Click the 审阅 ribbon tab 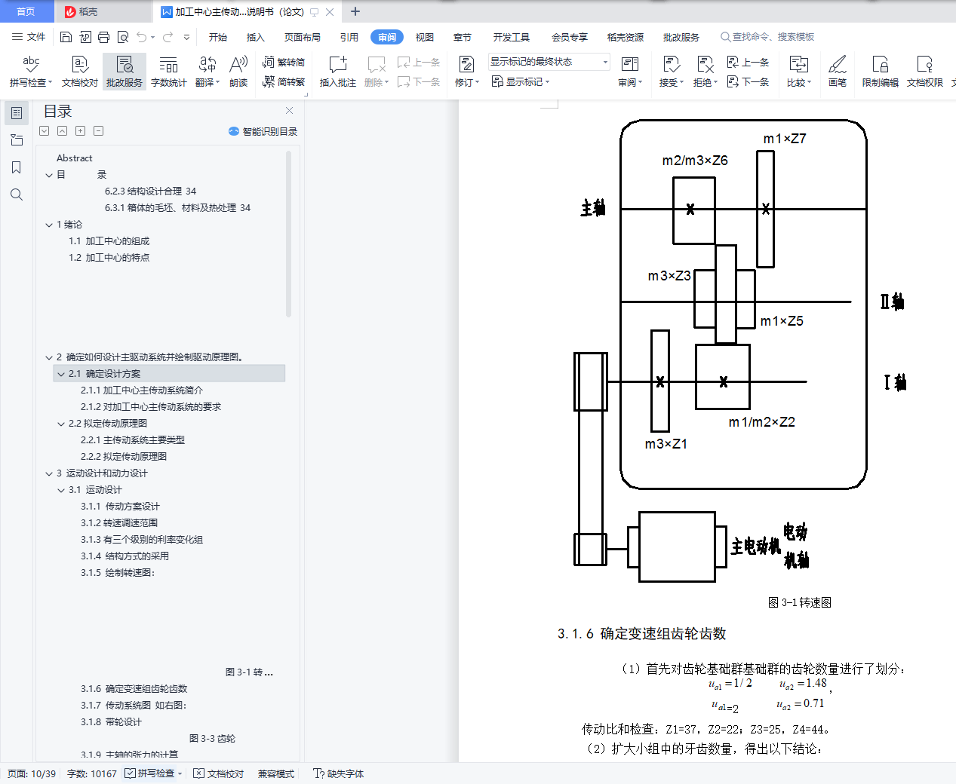click(x=387, y=37)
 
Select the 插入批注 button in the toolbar click(x=337, y=72)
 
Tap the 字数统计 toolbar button click(x=169, y=72)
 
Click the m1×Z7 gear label click(x=785, y=139)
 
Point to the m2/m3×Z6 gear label click(x=695, y=161)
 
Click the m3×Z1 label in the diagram click(x=666, y=444)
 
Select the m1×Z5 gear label click(x=782, y=321)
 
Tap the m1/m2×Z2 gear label click(x=761, y=422)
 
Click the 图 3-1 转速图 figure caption click(x=800, y=602)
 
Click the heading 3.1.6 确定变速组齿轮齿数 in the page click(x=642, y=634)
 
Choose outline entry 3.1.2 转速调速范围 click(x=119, y=523)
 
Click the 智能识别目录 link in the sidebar click(x=263, y=131)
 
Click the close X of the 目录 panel click(x=289, y=111)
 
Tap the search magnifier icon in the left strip click(x=17, y=194)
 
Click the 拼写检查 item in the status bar click(x=155, y=773)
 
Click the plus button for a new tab click(x=355, y=11)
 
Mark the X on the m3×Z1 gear click(x=660, y=382)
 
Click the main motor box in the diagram click(x=677, y=547)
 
